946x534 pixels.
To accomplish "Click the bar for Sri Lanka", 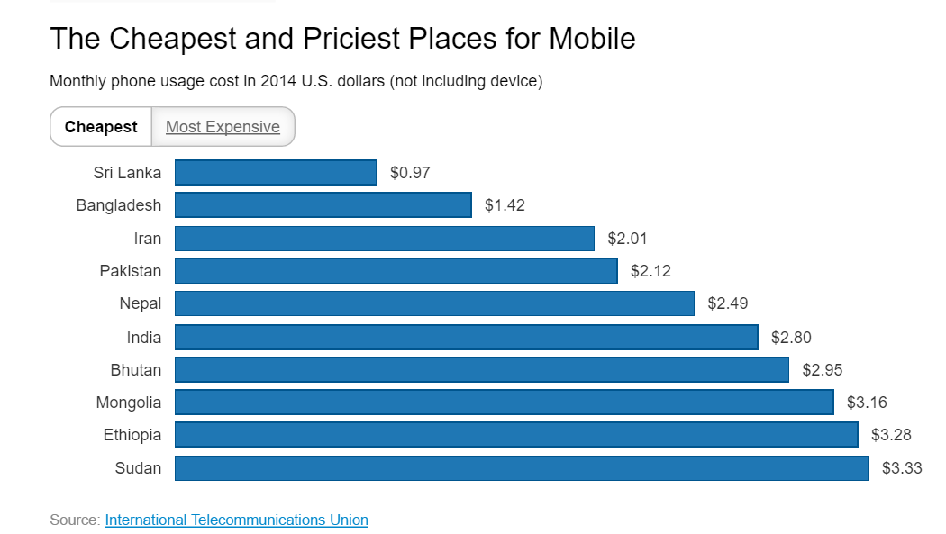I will [276, 172].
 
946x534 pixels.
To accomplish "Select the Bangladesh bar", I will [323, 205].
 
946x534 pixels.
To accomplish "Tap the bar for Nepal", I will [434, 303].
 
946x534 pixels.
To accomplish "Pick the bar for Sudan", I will [522, 468].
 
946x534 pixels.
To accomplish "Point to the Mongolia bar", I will [504, 403].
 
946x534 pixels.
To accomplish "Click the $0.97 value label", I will [410, 173].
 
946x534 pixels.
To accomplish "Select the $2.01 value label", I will [627, 239].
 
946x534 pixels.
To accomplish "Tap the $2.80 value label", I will [791, 338].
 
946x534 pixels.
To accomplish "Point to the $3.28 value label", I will [891, 436].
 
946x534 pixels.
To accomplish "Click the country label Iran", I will [148, 239].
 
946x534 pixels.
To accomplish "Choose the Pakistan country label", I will [131, 271].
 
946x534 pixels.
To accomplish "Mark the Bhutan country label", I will [135, 370].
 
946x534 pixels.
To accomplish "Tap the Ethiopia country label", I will [132, 435].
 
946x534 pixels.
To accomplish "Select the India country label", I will [144, 338].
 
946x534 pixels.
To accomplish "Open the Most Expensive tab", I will [223, 127].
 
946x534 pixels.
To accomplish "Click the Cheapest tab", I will [101, 127].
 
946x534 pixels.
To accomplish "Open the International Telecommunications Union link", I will [236, 520].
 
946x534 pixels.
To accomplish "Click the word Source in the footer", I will [74, 520].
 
